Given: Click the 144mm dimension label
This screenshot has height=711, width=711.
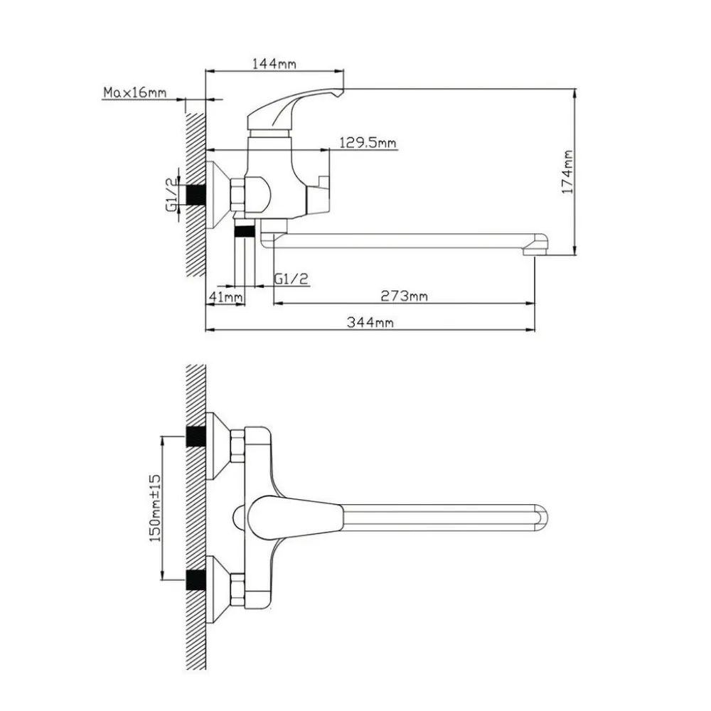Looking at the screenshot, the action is (274, 63).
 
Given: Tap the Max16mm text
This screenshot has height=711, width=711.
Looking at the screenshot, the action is (135, 92).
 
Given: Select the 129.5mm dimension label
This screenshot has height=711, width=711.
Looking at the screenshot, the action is (368, 143).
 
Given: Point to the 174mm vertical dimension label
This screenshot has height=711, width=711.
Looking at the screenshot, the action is (567, 172).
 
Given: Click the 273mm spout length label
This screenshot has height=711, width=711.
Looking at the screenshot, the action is (404, 296).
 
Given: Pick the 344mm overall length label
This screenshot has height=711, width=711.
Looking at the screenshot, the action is (370, 322).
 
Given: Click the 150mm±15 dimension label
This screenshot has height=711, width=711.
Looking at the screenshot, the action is (155, 508).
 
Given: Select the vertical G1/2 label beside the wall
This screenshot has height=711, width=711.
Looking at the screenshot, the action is (172, 193).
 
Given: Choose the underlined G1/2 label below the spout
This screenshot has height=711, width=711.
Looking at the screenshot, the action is (291, 279).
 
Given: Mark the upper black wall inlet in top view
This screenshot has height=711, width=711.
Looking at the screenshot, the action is (196, 436).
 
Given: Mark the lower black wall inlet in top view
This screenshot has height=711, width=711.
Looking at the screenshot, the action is (196, 580).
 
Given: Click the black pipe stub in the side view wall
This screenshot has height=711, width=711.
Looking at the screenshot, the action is (196, 194).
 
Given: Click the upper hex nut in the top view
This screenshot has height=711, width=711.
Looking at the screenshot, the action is (237, 447).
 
